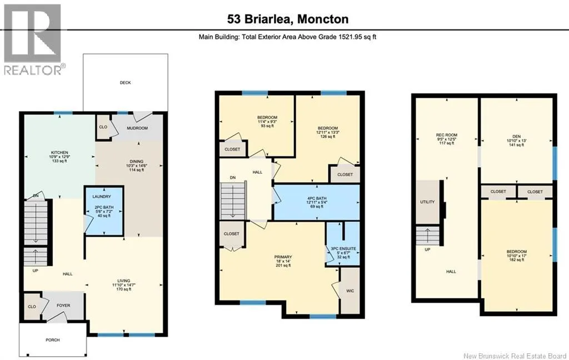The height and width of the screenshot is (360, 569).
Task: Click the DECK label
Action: coord(125,83)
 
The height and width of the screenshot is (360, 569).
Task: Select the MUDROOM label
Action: coord(137,128)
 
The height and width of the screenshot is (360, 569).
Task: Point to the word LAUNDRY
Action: coord(102,197)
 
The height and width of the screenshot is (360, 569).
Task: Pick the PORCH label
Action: coord(53,340)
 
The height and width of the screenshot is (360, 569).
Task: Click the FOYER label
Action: coord(63,306)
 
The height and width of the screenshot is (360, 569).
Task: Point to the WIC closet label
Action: coord(350,291)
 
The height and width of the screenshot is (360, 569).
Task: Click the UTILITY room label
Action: coord(427,202)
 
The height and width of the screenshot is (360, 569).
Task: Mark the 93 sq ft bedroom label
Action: coord(267,122)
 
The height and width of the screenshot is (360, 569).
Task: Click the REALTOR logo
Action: coord(33,39)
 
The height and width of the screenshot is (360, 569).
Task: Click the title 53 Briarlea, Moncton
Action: coord(288,19)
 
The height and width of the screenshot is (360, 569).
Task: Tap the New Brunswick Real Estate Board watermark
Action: coord(515,356)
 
